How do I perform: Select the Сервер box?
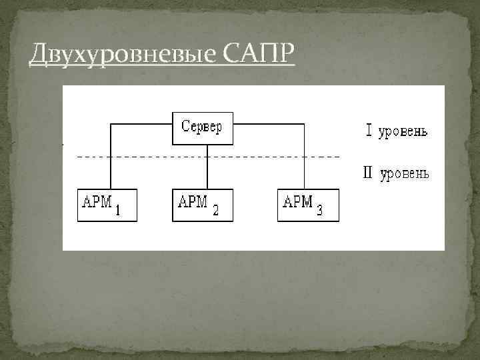pos(203,129)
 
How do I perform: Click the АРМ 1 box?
pos(107,205)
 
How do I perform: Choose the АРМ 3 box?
pos(308,205)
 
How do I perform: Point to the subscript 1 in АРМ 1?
pos(118,212)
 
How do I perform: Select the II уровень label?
pos(395,174)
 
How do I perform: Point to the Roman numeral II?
pos(367,173)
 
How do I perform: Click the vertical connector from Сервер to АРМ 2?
pos(208,167)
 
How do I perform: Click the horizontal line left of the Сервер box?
pos(141,123)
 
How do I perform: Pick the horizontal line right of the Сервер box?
pos(269,123)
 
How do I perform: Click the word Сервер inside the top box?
pos(203,127)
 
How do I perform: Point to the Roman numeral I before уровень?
pos(369,131)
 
